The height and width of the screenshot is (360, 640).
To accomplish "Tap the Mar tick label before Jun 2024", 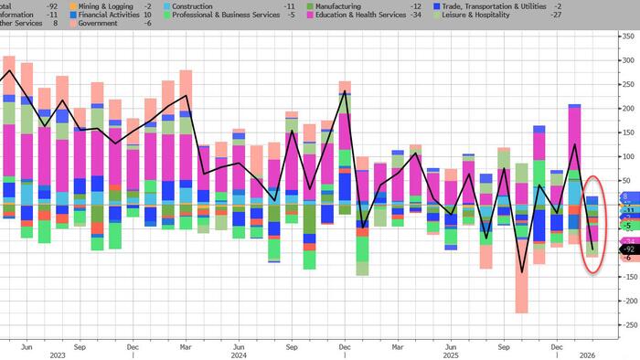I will coord(186,347).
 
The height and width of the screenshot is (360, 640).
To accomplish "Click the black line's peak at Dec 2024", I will coord(345,91).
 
